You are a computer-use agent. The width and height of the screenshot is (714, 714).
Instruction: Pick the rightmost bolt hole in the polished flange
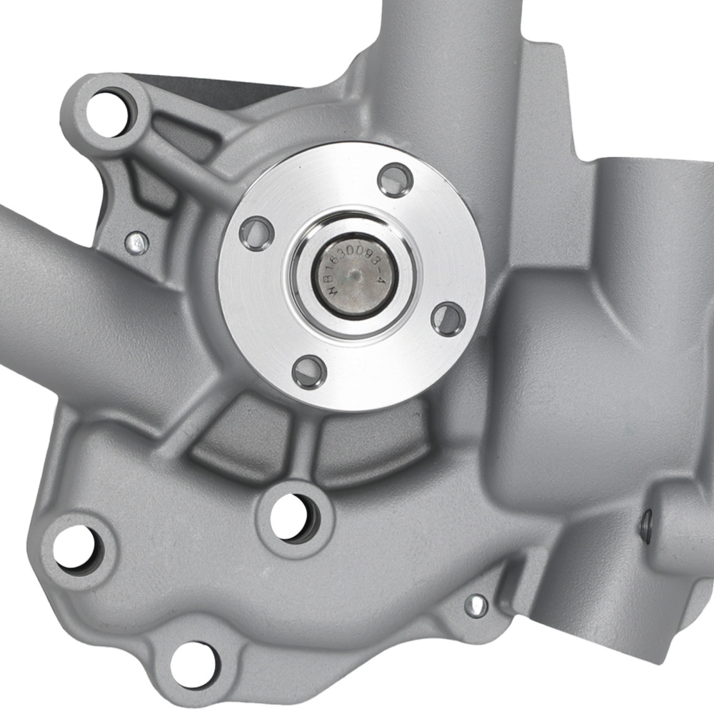(x=449, y=318)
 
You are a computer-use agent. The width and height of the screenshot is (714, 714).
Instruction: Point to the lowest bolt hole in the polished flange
(x=309, y=371)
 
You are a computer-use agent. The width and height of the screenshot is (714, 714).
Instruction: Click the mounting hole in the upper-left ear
(x=108, y=107)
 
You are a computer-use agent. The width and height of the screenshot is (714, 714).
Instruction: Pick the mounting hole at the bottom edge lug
(x=191, y=663)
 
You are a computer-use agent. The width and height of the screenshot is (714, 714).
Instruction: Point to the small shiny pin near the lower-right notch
(x=475, y=605)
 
